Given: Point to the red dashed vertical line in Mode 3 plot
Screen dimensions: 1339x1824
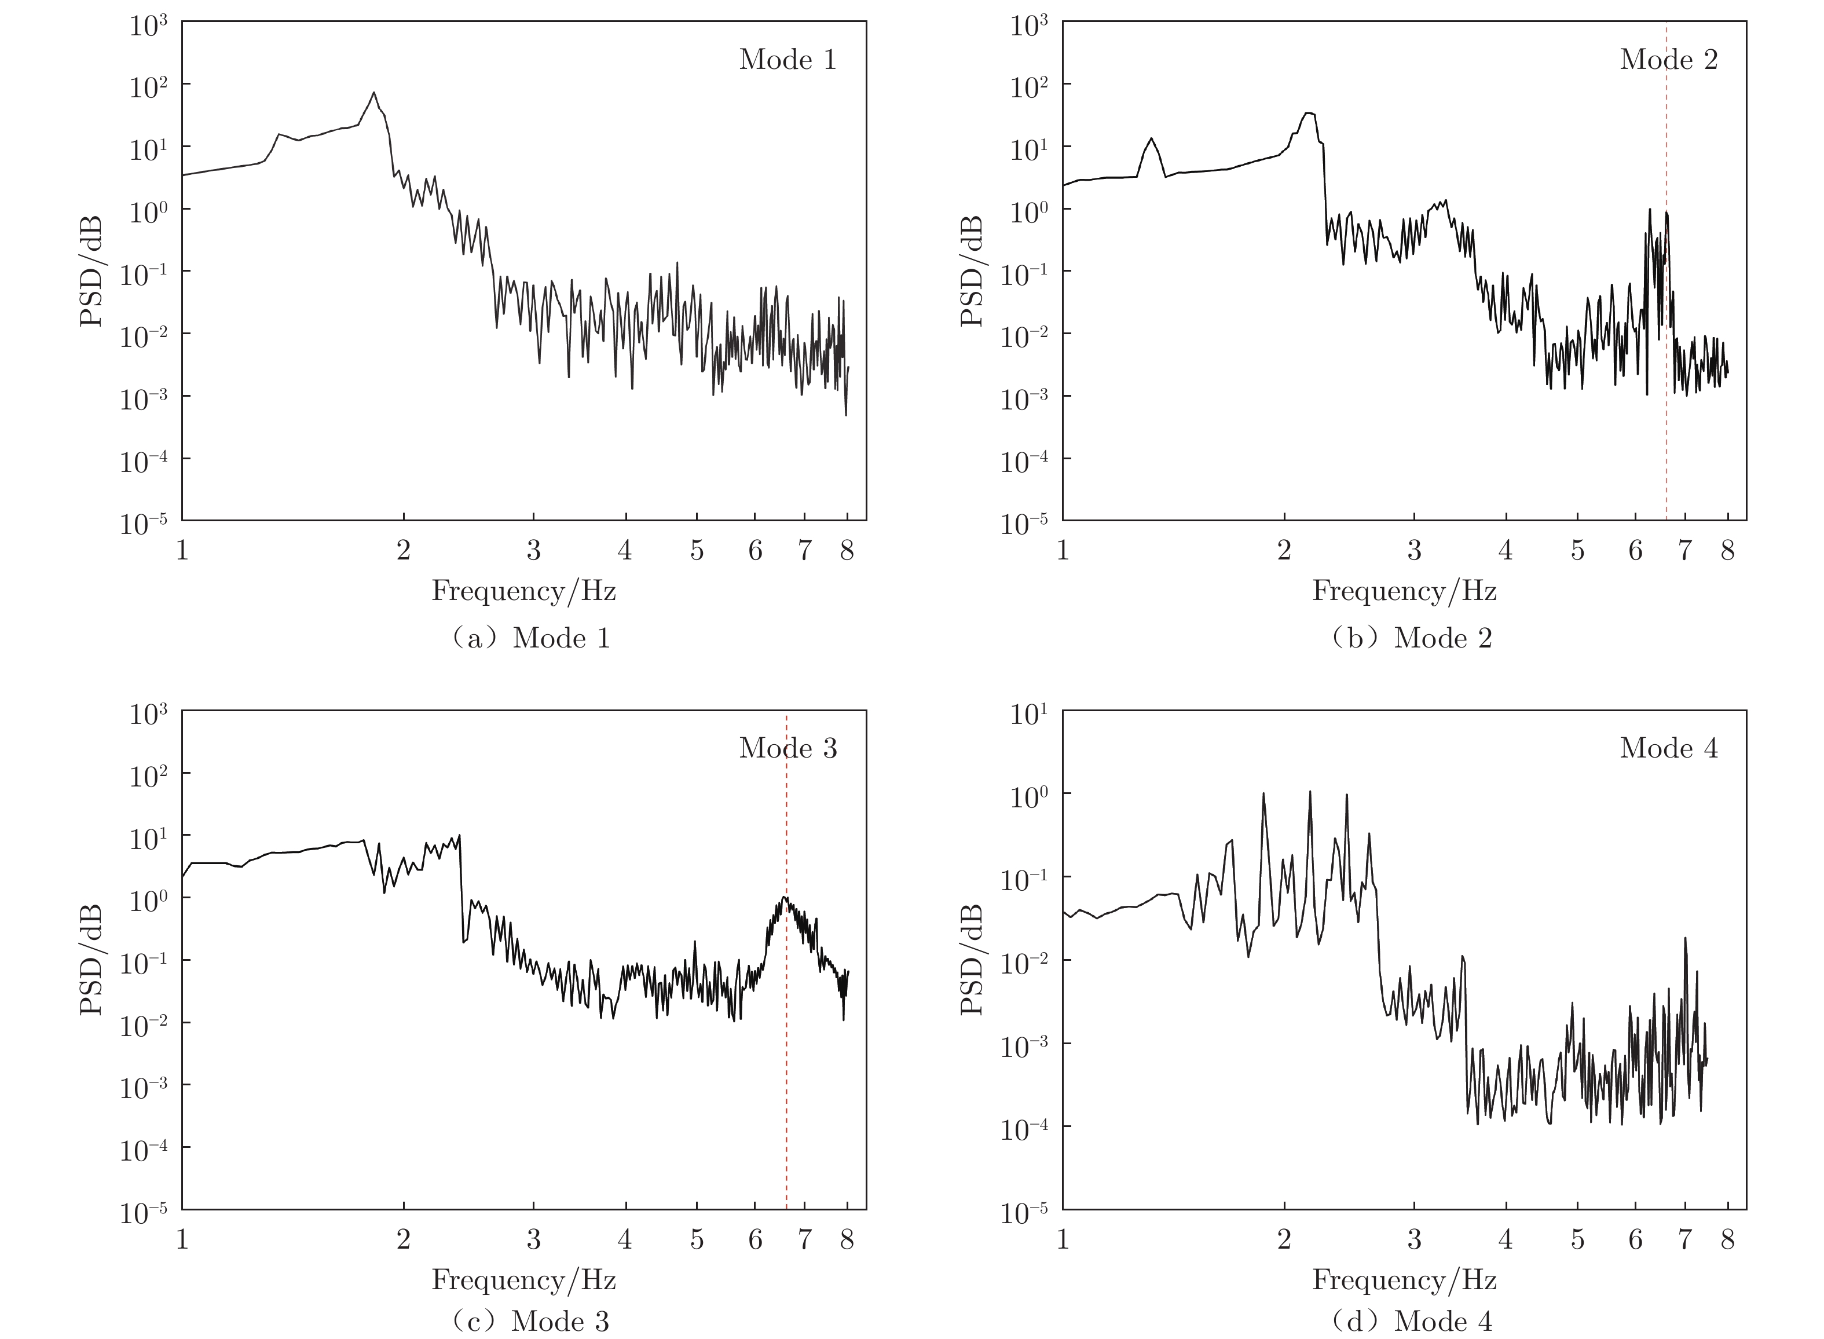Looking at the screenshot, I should tap(786, 1053).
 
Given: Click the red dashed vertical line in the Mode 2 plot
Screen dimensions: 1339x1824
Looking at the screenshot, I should tap(1666, 405).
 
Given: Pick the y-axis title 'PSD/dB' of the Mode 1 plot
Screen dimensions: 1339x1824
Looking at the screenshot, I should tap(91, 270).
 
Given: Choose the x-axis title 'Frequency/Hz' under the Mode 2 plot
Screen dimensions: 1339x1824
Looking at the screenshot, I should tap(1404, 590).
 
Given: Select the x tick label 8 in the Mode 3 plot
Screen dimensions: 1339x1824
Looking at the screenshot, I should tap(847, 1239).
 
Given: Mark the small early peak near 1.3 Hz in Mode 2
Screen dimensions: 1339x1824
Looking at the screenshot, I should tap(1151, 138).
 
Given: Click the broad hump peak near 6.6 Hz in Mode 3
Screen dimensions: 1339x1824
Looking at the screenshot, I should tap(785, 897).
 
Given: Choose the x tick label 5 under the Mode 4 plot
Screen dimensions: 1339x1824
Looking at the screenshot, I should tap(1577, 1239).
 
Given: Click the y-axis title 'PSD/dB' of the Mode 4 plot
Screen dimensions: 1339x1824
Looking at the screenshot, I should tap(972, 959).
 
